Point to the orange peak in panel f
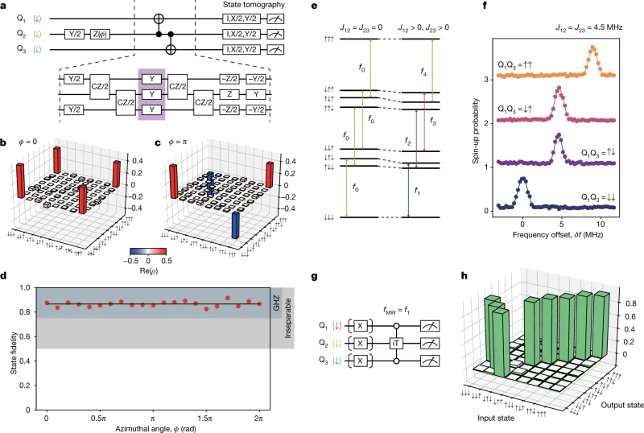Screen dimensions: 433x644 click(x=592, y=50)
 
